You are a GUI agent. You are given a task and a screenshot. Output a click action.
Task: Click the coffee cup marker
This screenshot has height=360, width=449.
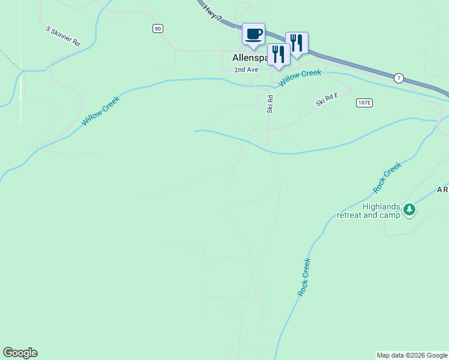click(x=253, y=34)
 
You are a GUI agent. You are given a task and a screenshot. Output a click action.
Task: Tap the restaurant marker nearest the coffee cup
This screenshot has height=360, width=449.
click(x=279, y=54)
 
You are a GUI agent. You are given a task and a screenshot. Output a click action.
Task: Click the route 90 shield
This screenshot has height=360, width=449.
click(x=157, y=28)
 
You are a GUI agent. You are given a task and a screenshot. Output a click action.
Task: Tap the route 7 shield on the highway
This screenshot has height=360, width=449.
click(x=399, y=78)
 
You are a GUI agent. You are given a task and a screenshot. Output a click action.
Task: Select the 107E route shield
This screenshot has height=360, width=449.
click(x=364, y=103)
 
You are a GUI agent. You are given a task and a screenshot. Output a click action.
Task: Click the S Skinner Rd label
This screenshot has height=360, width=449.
click(x=63, y=36)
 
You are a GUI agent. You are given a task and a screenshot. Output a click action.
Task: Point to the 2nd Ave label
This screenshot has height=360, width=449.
click(x=246, y=70)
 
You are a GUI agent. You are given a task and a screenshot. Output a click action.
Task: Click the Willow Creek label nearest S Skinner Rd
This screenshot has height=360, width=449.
click(x=101, y=110)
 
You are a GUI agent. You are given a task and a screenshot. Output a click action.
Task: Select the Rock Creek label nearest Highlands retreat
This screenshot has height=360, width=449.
click(x=386, y=179)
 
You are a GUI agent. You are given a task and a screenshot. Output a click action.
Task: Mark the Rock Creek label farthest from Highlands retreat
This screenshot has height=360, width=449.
click(x=305, y=276)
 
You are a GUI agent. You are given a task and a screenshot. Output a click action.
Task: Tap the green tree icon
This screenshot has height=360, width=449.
click(x=409, y=209)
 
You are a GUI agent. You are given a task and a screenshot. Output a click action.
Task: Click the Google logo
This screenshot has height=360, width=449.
click(x=20, y=353)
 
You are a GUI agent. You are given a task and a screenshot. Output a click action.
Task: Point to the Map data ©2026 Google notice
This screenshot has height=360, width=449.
click(x=412, y=355)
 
